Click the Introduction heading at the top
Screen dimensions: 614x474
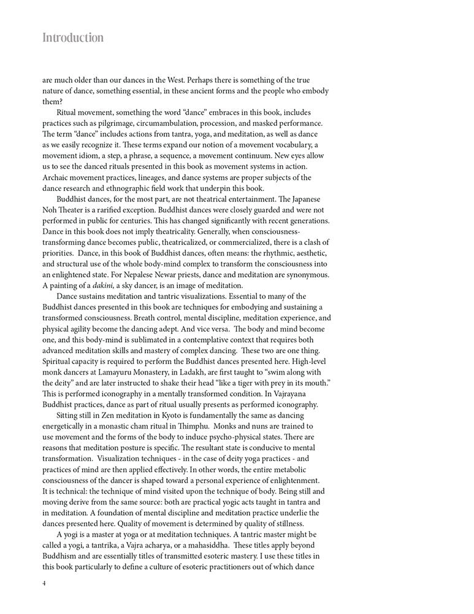[x=73, y=37]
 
